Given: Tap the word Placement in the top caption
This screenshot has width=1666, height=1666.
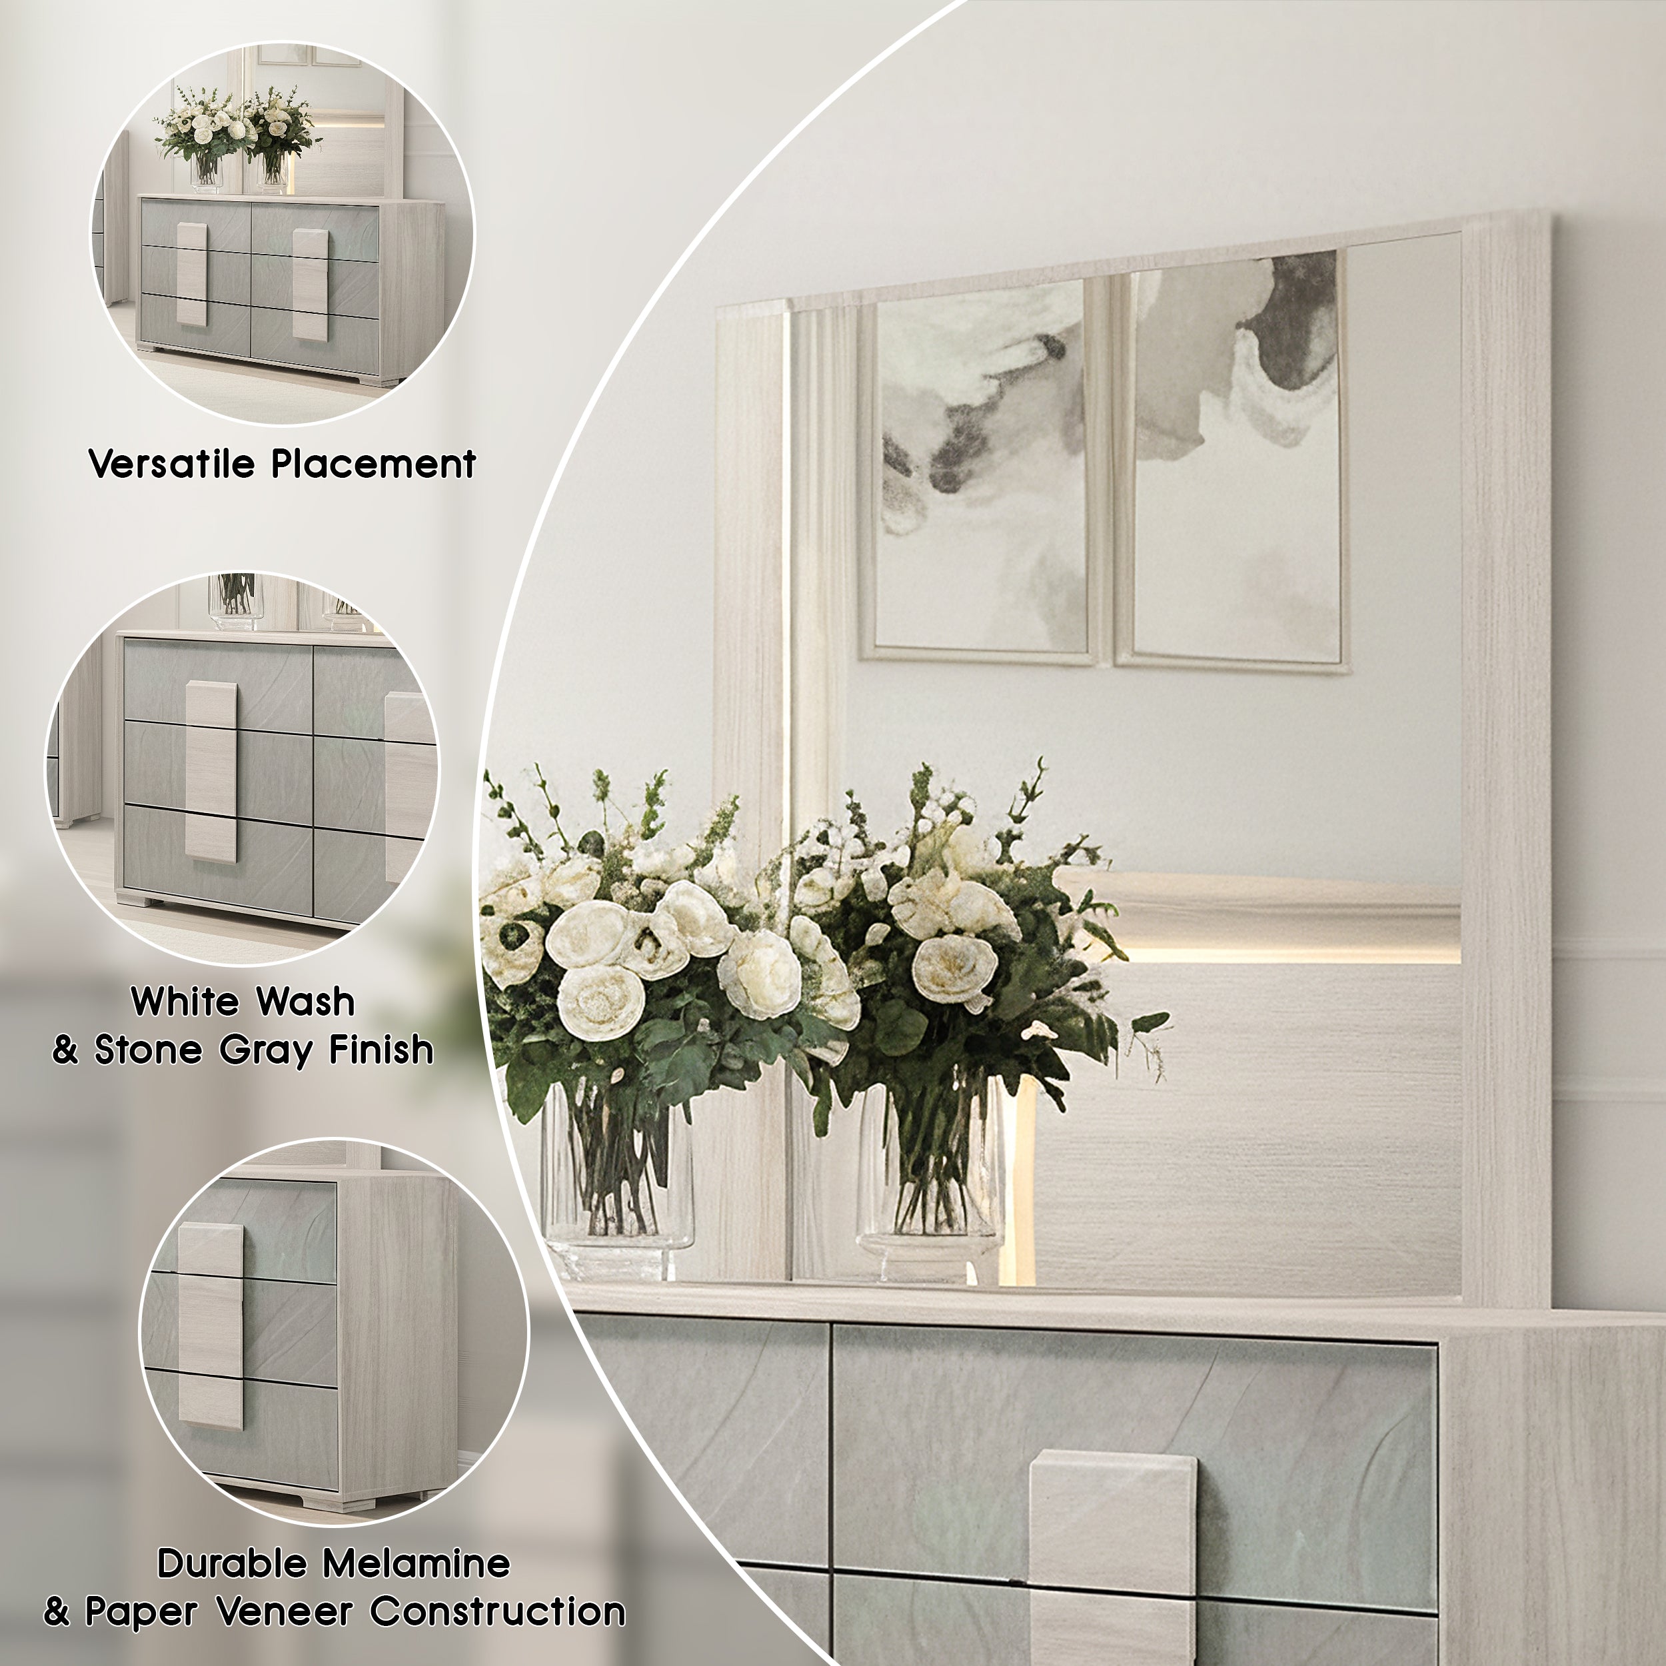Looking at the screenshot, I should (373, 464).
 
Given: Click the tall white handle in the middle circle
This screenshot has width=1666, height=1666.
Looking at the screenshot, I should (211, 771).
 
